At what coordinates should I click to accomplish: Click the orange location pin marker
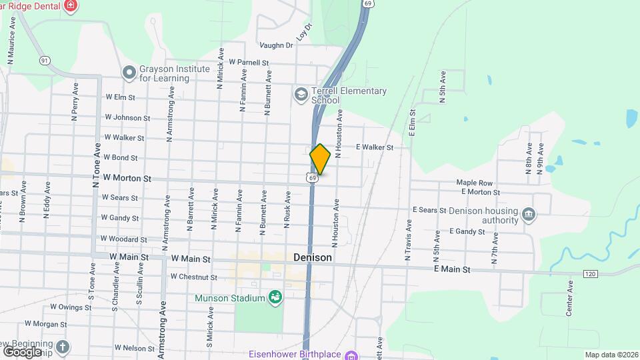point(321,159)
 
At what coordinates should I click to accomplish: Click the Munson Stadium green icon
point(274,297)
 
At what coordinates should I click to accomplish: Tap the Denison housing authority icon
point(529,213)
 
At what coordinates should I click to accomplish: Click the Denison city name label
point(313,257)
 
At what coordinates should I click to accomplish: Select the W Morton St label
point(127,179)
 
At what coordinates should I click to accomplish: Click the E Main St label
point(452,269)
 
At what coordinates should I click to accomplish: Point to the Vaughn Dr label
point(277,45)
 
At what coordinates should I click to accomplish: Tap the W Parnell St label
point(248,63)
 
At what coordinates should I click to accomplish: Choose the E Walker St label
point(374,147)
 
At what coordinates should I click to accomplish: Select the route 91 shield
point(45,61)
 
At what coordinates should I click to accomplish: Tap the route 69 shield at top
point(368,3)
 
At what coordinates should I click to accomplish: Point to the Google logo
point(23,351)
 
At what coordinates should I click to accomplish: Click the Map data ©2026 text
point(611,355)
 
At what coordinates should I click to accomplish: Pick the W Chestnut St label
point(193,277)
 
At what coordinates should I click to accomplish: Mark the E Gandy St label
point(467,231)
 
